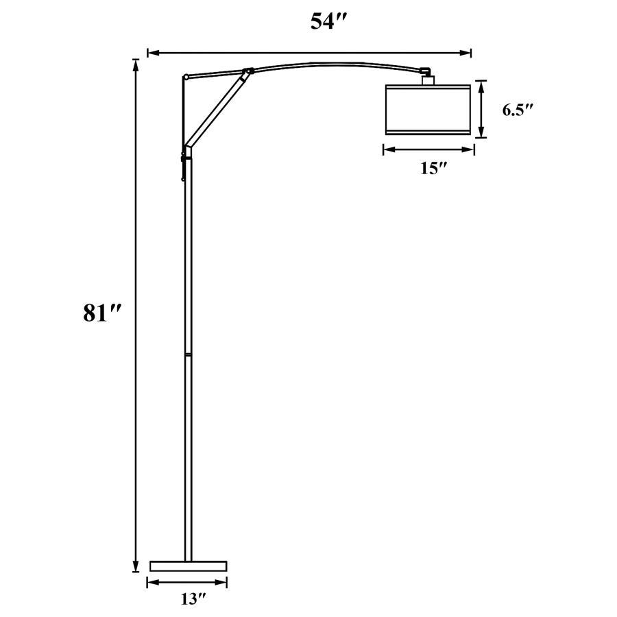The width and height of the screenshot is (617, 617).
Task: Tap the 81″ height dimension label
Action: point(101,313)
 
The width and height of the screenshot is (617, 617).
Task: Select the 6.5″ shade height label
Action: point(518,110)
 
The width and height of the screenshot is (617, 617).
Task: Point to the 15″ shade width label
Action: point(433,169)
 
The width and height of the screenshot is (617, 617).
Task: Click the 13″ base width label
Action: point(193,599)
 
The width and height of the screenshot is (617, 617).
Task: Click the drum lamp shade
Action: point(428,109)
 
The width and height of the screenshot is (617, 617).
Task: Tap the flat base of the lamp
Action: point(188,566)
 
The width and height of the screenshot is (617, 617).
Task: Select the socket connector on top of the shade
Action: point(428,79)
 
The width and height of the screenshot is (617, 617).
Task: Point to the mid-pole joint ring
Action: point(188,354)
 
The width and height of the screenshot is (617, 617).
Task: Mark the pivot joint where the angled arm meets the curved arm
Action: point(248,71)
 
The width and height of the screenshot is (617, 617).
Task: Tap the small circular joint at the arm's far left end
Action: point(185,77)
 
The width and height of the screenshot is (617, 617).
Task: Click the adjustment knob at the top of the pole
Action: point(184,158)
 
